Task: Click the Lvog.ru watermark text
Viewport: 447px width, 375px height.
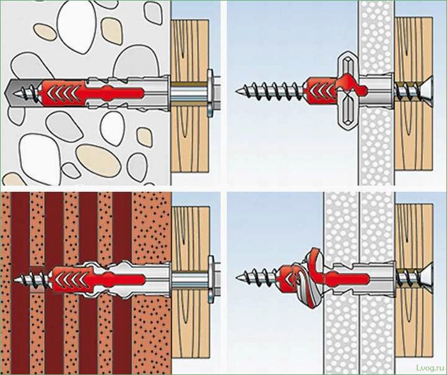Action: pos(430,367)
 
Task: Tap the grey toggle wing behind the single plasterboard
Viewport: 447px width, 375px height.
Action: pos(347,90)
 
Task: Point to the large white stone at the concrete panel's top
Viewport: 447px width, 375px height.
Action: pos(77,25)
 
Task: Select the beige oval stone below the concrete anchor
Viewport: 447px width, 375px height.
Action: pos(98,161)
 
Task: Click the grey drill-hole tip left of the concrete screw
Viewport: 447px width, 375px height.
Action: pos(11,92)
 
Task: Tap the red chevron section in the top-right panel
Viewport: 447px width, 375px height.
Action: pos(320,90)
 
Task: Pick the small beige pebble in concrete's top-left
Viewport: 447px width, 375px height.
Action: pos(45,32)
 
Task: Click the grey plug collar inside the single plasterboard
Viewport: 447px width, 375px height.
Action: pos(376,90)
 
